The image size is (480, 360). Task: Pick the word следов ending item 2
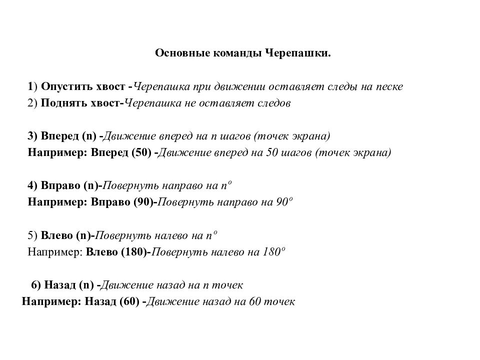click(274, 103)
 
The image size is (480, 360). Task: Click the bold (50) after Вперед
click(141, 153)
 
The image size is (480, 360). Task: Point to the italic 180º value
click(274, 252)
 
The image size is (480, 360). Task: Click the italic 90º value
click(284, 202)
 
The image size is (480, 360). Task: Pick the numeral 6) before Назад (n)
click(35, 285)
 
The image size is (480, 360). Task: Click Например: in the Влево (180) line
click(54, 252)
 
